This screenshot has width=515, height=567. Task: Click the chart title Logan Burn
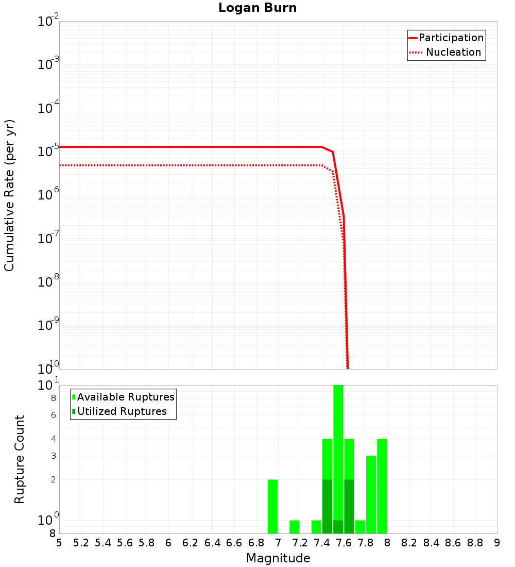(257, 8)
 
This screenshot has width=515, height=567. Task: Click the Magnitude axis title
(278, 558)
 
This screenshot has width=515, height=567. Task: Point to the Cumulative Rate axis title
(9, 195)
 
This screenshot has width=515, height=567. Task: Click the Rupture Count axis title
(20, 459)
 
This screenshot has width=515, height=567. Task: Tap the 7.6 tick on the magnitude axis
(344, 543)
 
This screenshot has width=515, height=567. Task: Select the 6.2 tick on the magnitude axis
(191, 543)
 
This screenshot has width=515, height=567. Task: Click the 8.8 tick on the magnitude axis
(475, 543)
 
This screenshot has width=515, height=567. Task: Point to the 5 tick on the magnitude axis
(59, 543)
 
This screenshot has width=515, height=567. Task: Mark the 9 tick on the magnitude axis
(497, 543)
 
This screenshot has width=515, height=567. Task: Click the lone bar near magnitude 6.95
(273, 507)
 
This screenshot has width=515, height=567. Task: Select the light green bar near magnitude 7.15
(295, 527)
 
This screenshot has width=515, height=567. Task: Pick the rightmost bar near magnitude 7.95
(382, 486)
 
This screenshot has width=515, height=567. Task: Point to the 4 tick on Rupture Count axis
(53, 439)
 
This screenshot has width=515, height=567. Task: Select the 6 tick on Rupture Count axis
(53, 415)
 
